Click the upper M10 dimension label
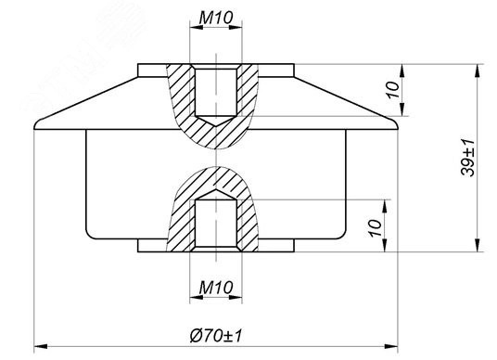point(216,18)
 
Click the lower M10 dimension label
point(216,288)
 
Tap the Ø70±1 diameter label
point(216,336)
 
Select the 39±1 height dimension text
point(467,158)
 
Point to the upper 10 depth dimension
point(393,90)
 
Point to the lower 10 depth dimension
point(376,227)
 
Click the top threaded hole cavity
point(216,92)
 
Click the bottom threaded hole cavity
point(216,224)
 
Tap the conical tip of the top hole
point(216,126)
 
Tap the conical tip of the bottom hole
point(216,190)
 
